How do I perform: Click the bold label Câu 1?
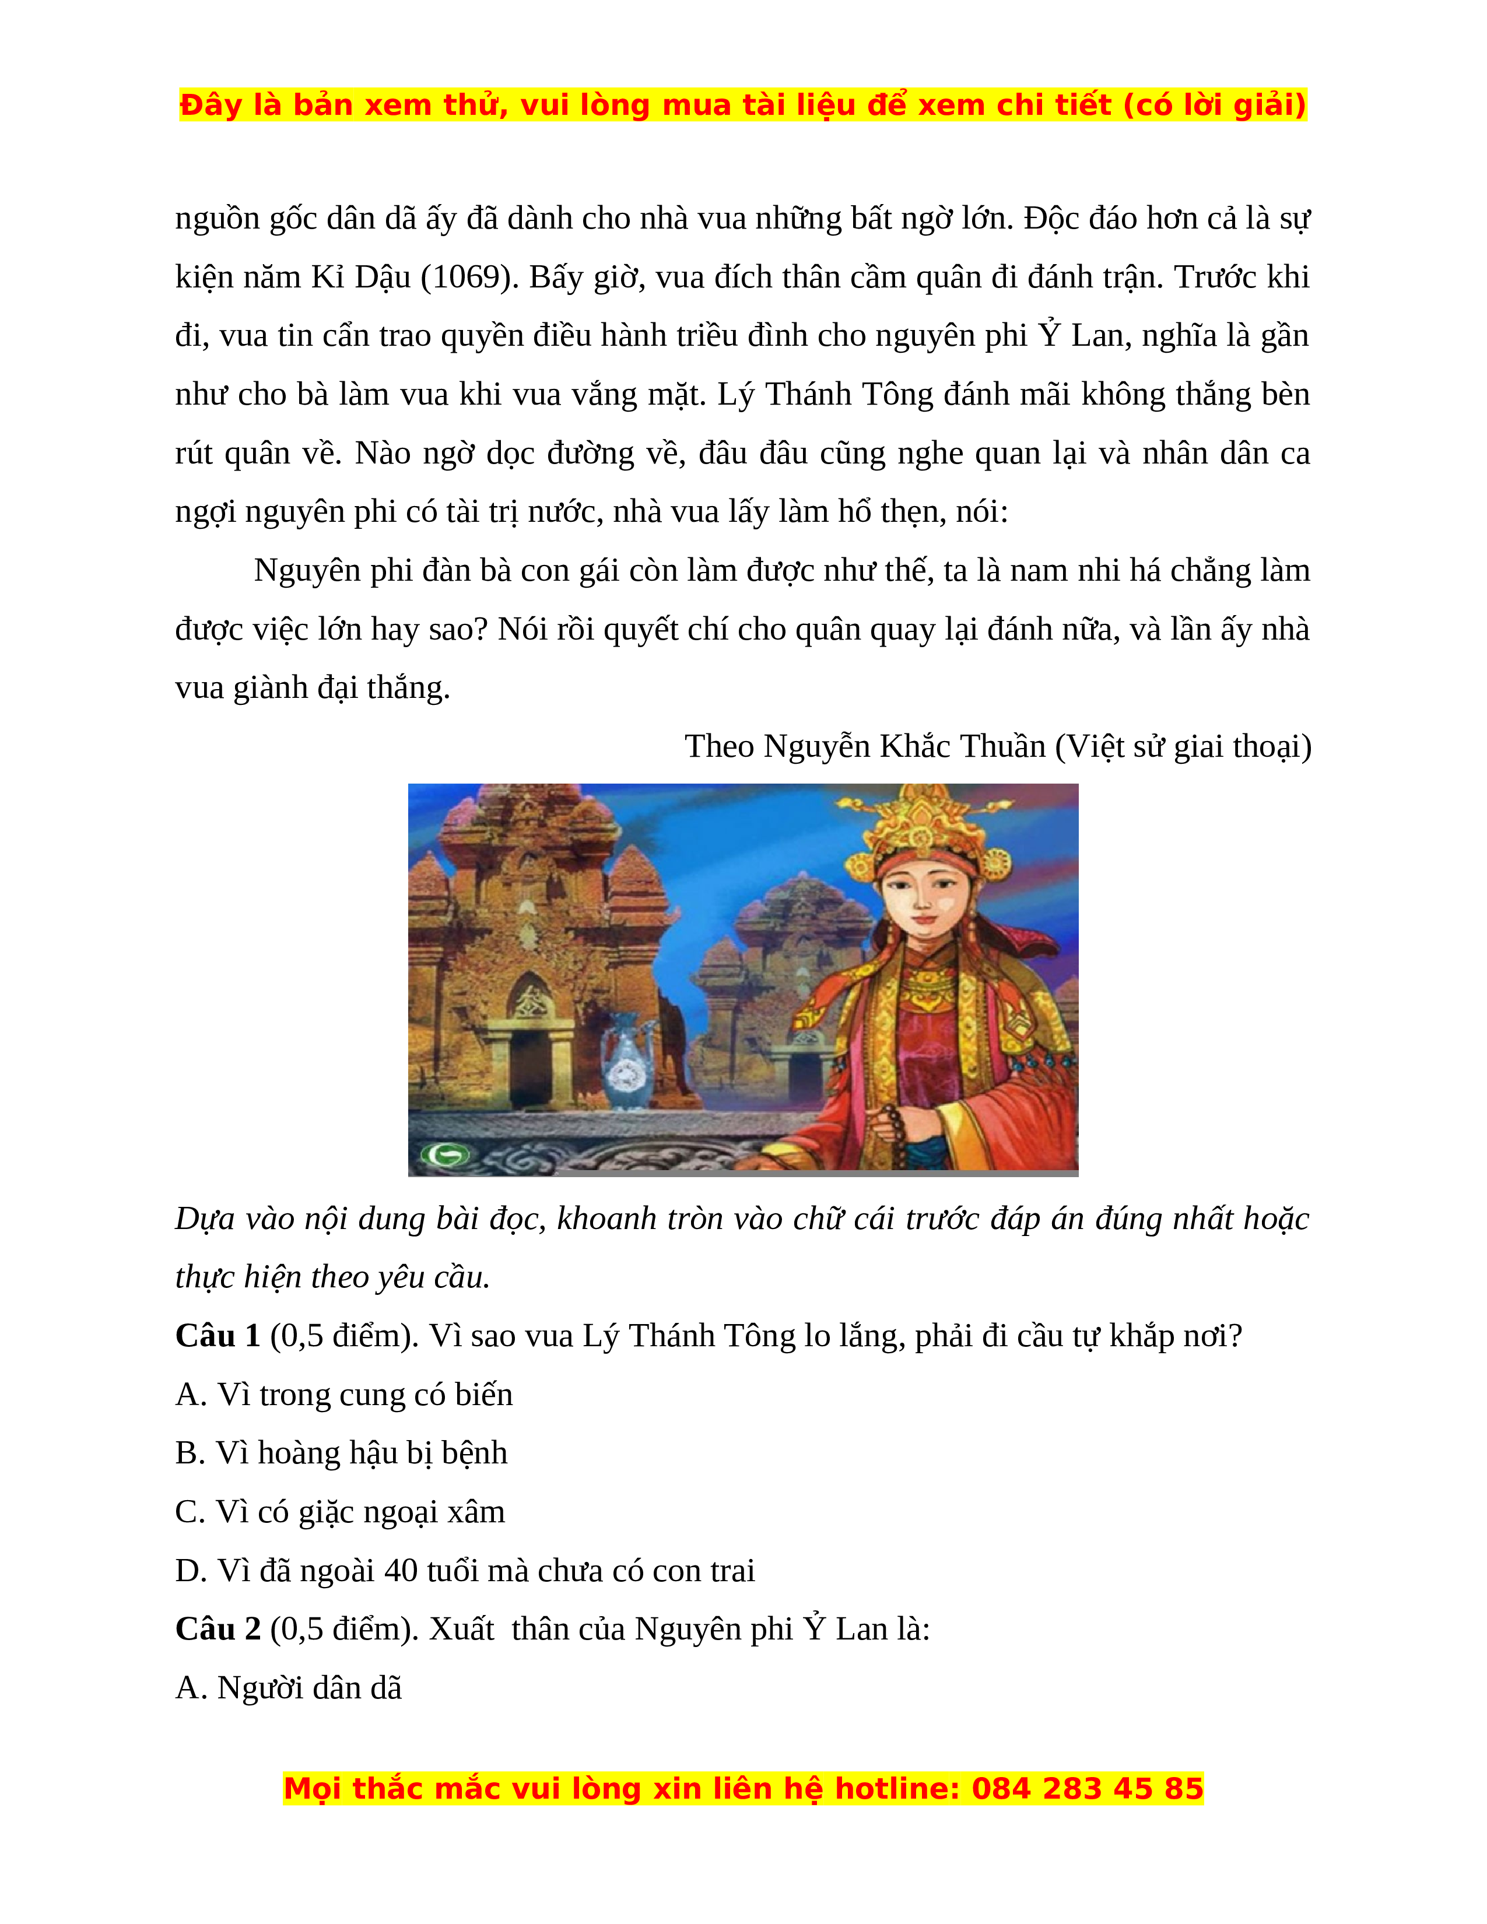(x=218, y=1336)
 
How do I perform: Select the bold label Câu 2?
(x=218, y=1629)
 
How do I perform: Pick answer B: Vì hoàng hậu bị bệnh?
(x=341, y=1453)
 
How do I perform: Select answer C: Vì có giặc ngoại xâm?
(x=340, y=1512)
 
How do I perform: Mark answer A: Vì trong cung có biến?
(x=343, y=1395)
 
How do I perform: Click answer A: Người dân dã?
(x=288, y=1688)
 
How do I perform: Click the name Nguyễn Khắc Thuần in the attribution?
(x=904, y=747)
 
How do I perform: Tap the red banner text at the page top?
(x=742, y=105)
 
